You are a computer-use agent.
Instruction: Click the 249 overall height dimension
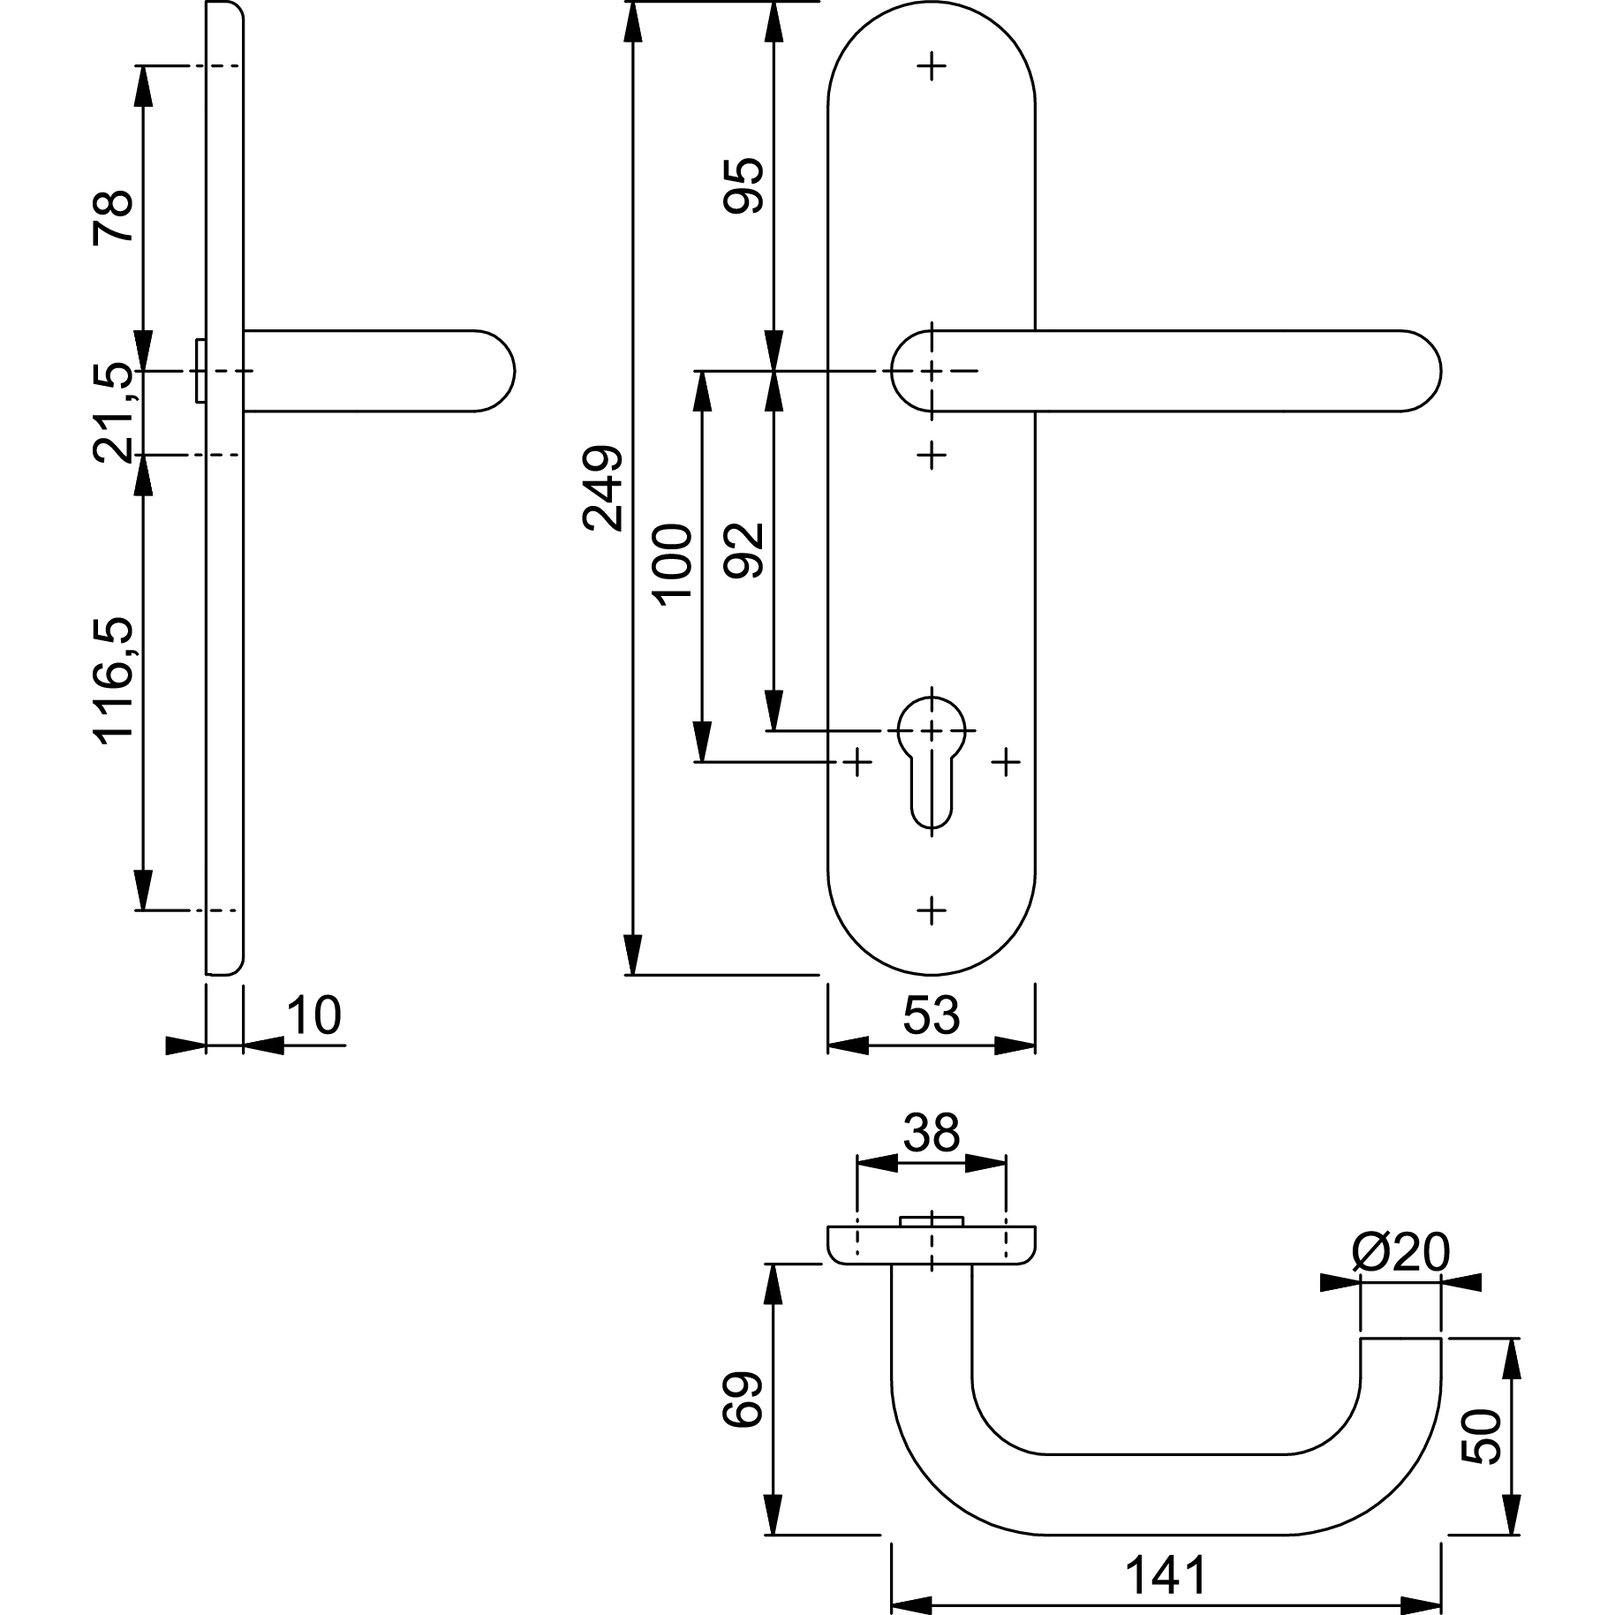[603, 488]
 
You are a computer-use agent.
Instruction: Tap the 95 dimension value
[743, 185]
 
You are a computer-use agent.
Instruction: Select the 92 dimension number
[743, 551]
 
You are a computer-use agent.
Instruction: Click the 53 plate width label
[931, 1015]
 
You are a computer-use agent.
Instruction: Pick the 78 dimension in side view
[113, 216]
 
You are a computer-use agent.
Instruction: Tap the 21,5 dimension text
[113, 412]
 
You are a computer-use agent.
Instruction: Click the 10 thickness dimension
[313, 1015]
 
